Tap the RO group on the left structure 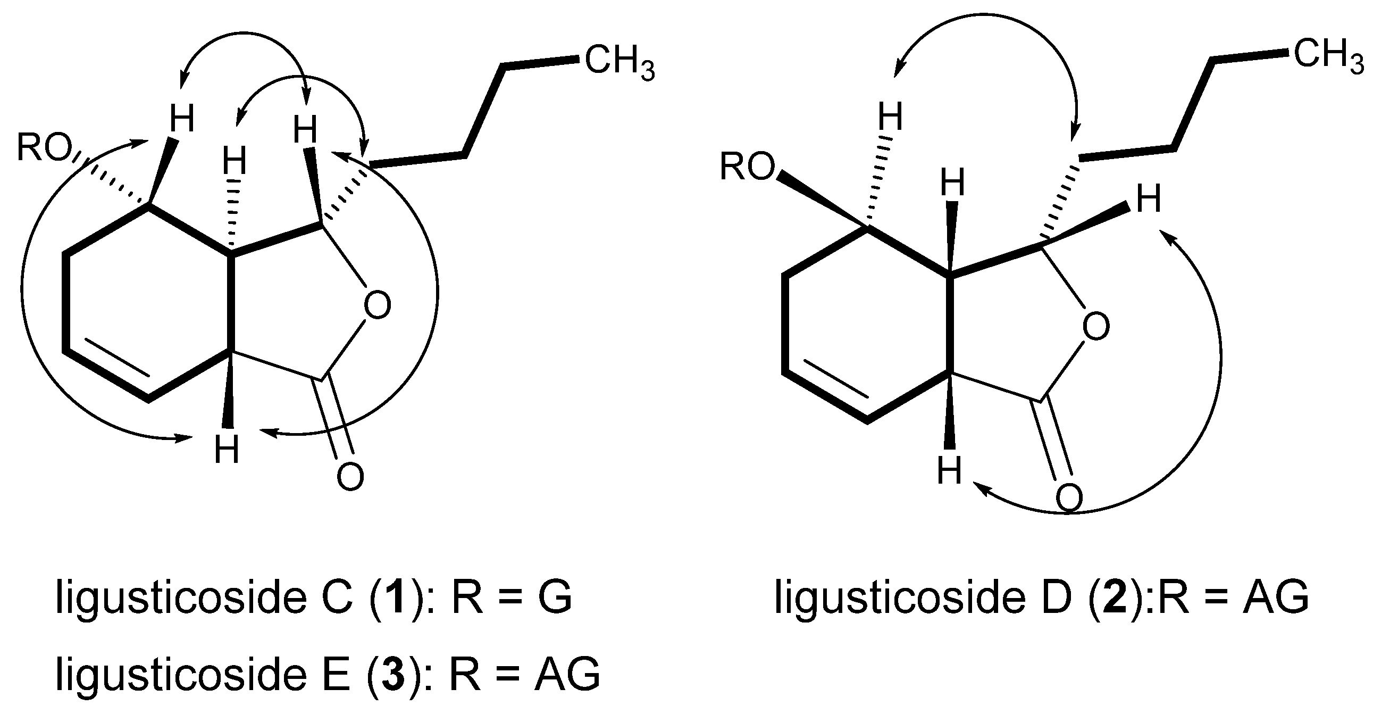click(44, 147)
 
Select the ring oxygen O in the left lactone click(377, 304)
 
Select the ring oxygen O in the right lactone click(1096, 326)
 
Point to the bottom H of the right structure click(950, 470)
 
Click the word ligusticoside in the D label click(900, 596)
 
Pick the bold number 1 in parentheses click(394, 597)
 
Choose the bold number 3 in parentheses click(393, 674)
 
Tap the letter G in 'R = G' click(554, 597)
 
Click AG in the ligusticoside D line click(1276, 596)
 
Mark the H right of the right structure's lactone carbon click(1149, 199)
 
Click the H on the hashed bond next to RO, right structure click(891, 117)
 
